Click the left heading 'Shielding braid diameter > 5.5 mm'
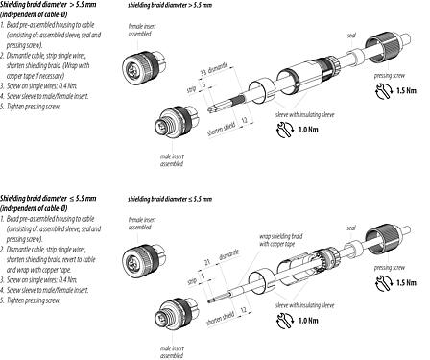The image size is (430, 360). (54, 7)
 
